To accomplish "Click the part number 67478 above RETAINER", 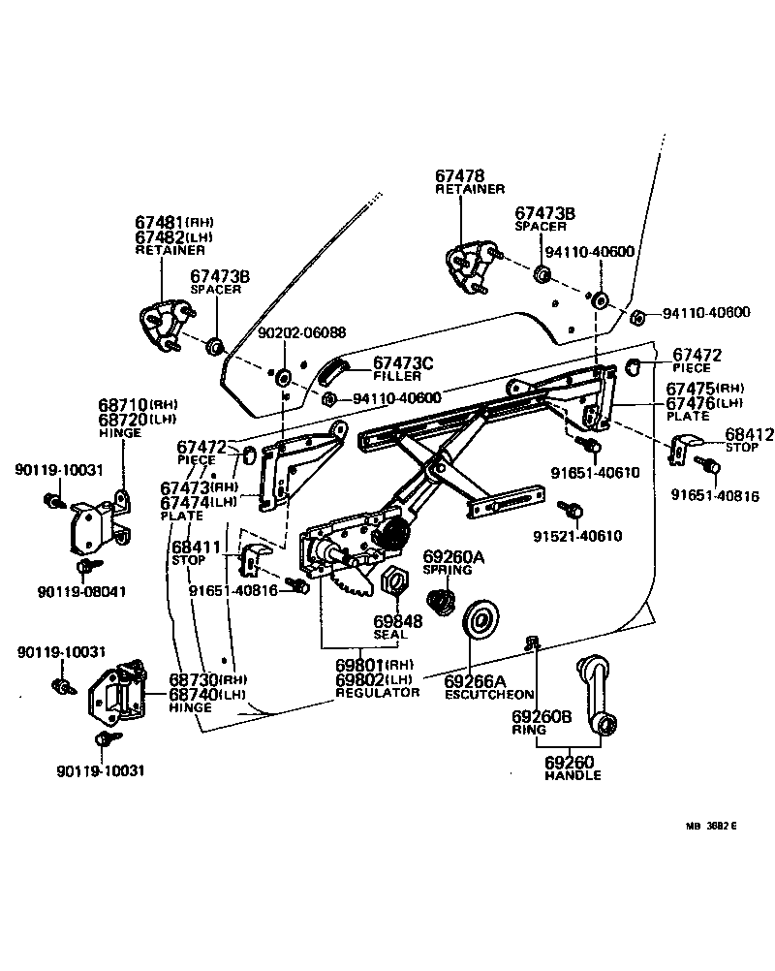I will [x=459, y=175].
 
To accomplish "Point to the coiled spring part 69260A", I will [x=441, y=602].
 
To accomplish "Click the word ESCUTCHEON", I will [x=489, y=695].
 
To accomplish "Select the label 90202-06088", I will [x=301, y=332].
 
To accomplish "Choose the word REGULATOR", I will [x=377, y=693].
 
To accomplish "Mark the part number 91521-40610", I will [x=577, y=536].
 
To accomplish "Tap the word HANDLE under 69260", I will [x=572, y=775].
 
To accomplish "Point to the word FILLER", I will [x=397, y=376].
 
